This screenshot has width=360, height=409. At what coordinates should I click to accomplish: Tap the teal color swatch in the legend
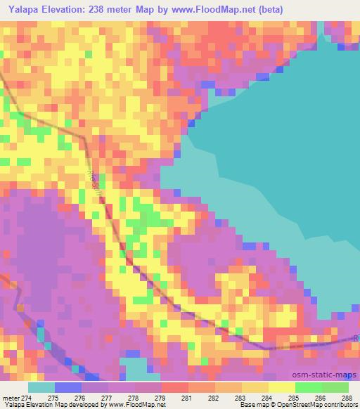[41, 387]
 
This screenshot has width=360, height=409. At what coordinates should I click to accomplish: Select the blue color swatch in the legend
[67, 387]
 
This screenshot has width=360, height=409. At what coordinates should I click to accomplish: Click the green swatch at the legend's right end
[335, 387]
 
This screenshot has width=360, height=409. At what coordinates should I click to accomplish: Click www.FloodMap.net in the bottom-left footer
[137, 405]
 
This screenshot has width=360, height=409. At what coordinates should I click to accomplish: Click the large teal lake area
[281, 141]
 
